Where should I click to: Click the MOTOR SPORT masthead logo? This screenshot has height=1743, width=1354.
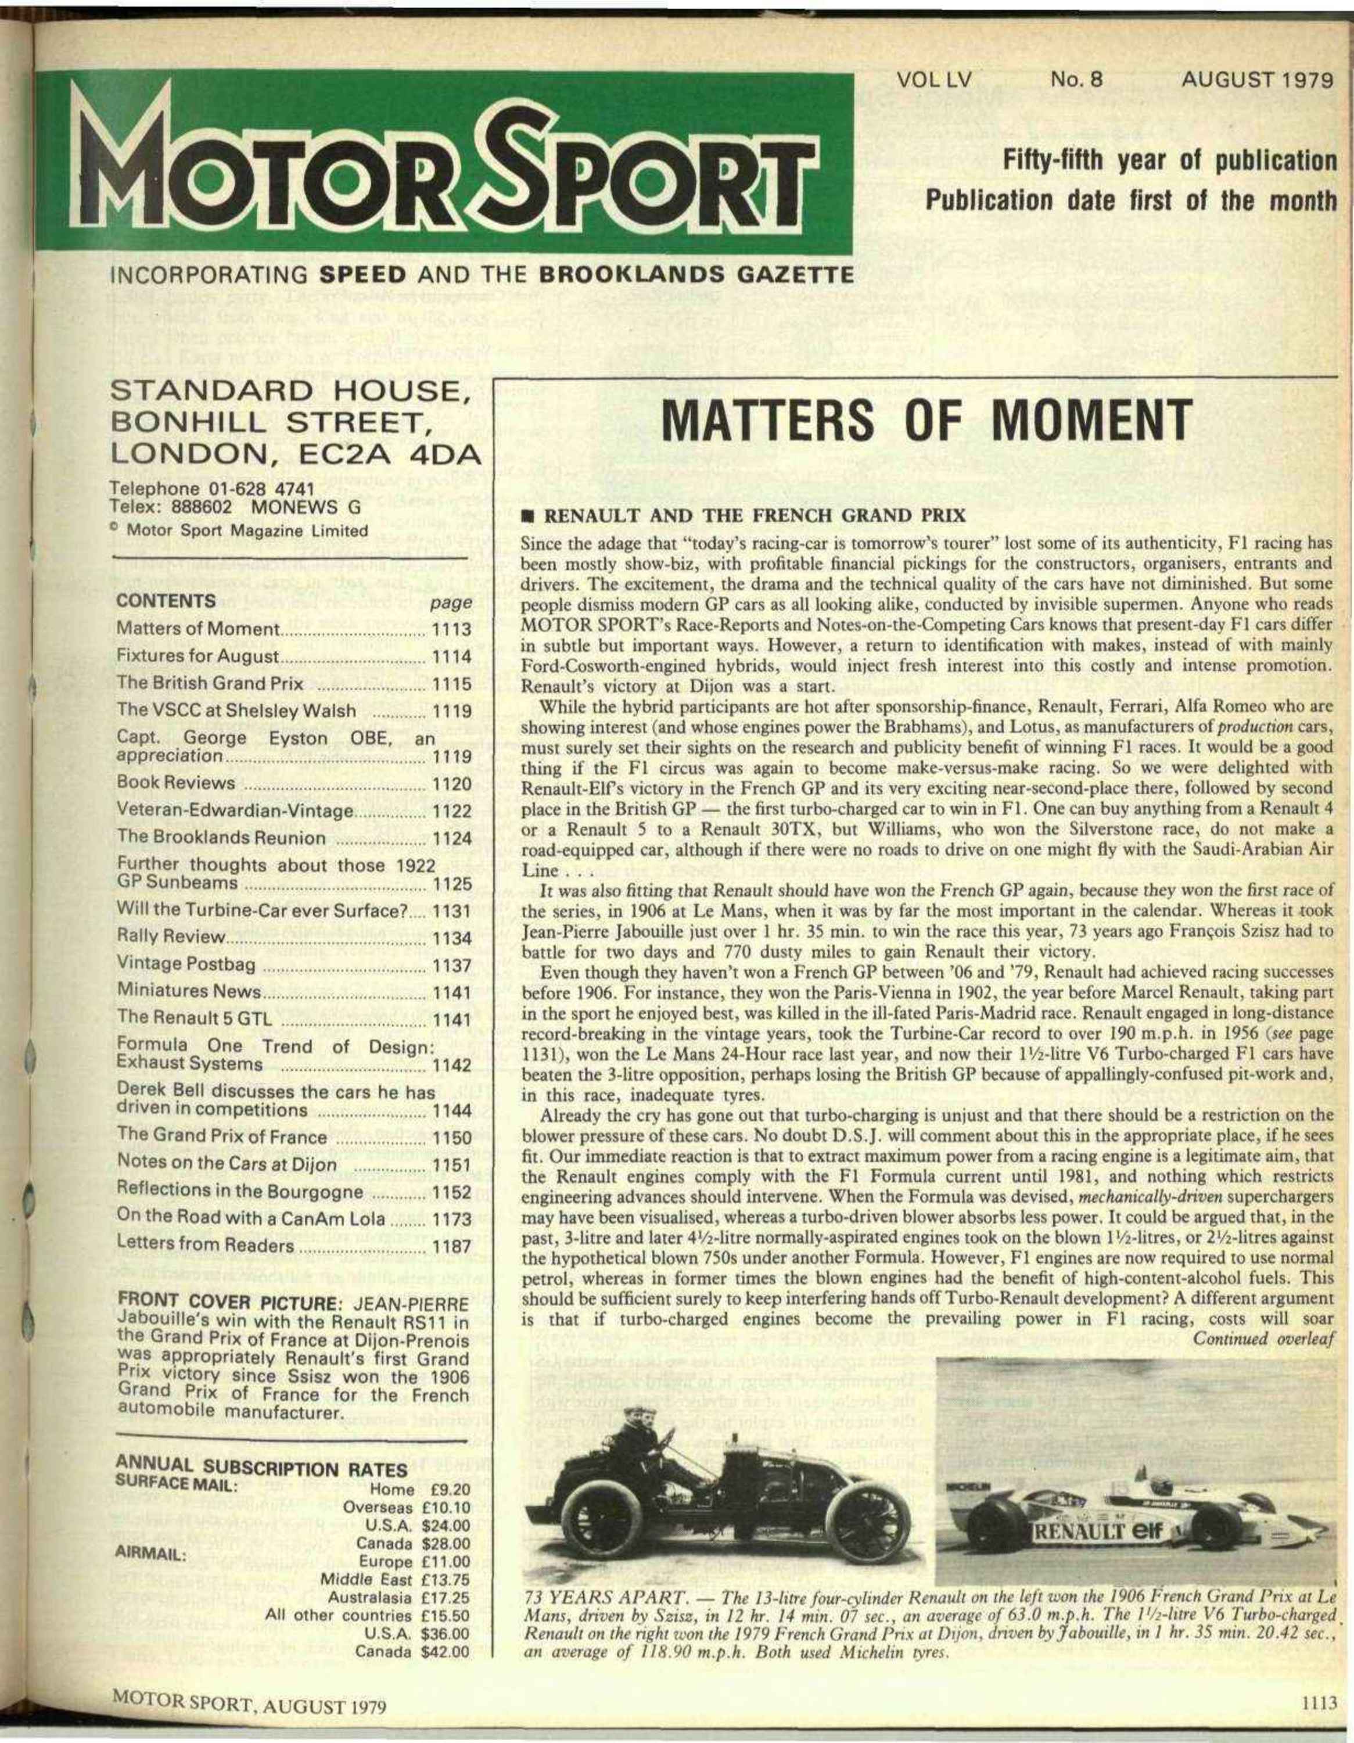point(463,164)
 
